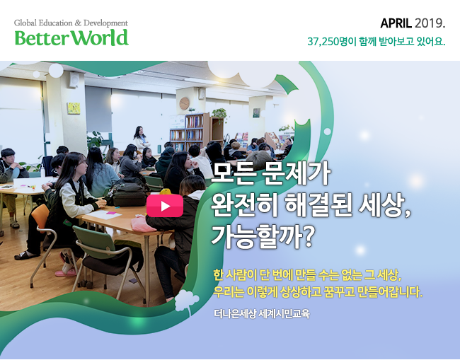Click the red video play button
click(165, 206)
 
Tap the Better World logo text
click(71, 37)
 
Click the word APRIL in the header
click(396, 23)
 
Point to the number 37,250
click(323, 42)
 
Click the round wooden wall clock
click(184, 103)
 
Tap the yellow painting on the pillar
click(74, 108)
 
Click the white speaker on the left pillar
click(74, 80)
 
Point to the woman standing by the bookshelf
click(141, 139)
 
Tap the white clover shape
click(187, 301)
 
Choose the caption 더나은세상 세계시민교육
click(262, 314)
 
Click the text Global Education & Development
click(71, 23)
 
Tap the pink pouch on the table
click(143, 223)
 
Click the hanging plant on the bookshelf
click(219, 114)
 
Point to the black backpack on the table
click(129, 194)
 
